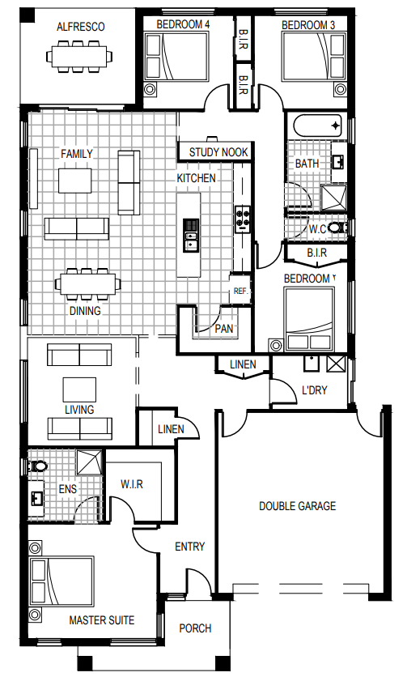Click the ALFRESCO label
[81, 27]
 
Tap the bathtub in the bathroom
[318, 126]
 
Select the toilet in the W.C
[336, 228]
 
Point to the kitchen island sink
[190, 240]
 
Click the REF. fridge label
[240, 291]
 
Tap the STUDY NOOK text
[218, 152]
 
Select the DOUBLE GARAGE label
[297, 506]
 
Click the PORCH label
[195, 628]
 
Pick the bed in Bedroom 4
[176, 57]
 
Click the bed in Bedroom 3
[314, 57]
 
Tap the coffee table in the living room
[79, 389]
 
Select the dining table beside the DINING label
[87, 284]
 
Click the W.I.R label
[132, 483]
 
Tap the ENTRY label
[189, 547]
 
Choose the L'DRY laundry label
[315, 390]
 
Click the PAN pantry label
[224, 329]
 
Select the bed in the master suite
[61, 581]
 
